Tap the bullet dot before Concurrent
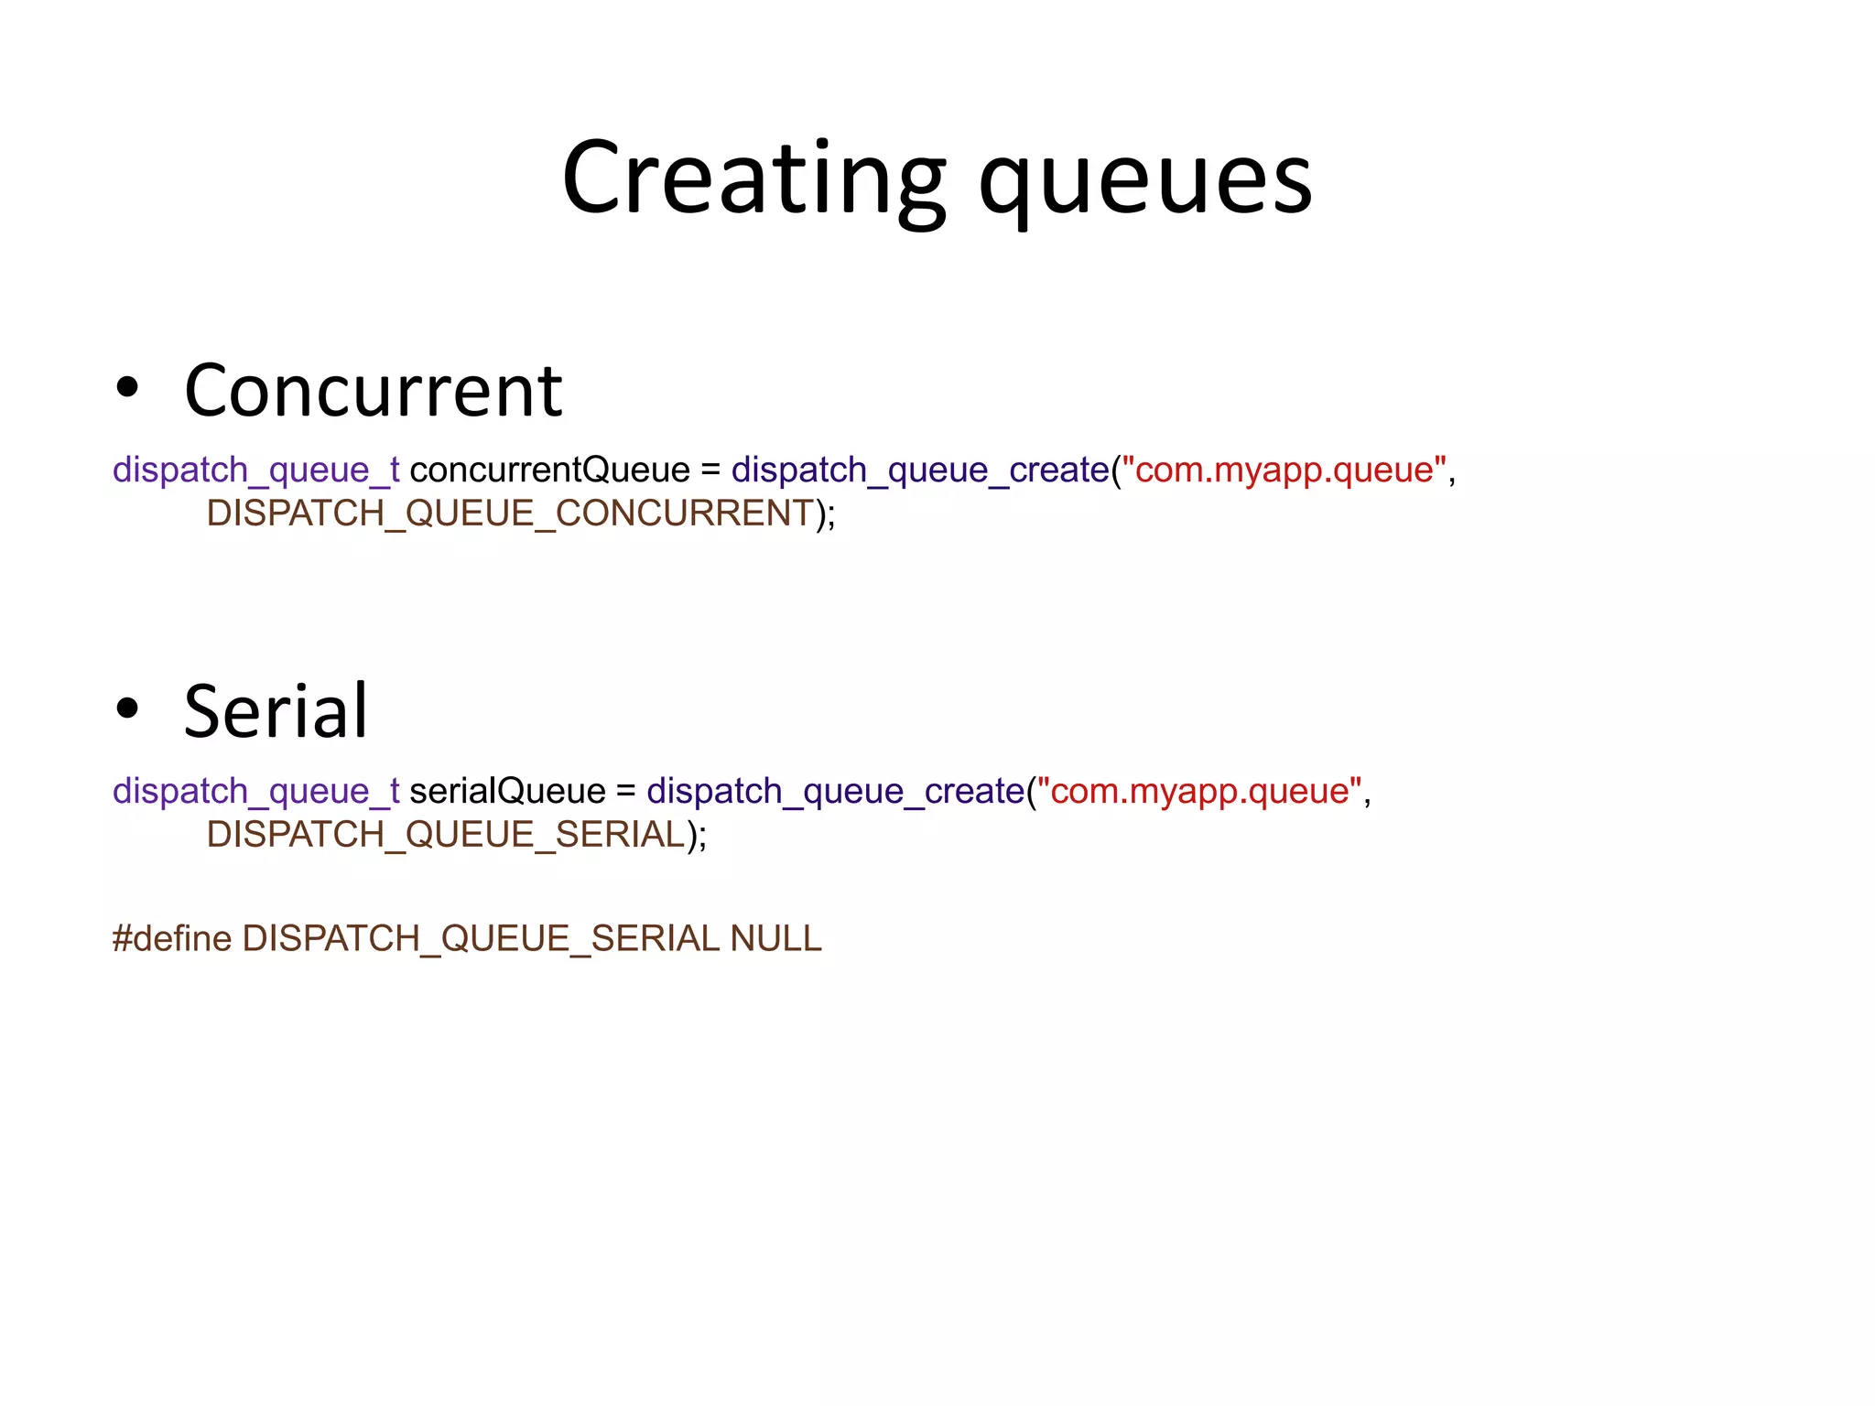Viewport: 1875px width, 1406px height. (x=127, y=387)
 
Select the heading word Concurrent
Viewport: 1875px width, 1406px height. (x=373, y=391)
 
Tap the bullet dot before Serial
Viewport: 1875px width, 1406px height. (x=127, y=708)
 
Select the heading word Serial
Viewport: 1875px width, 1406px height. (x=276, y=711)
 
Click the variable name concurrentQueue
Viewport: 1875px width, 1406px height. (x=549, y=470)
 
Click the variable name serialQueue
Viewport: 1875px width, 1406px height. (x=507, y=791)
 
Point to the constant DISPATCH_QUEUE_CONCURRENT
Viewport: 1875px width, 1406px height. (x=510, y=514)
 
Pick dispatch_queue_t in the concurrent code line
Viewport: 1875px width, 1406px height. (x=255, y=470)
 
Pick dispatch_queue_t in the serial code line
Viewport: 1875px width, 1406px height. (x=255, y=792)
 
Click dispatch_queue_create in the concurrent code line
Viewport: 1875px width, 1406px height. (x=920, y=470)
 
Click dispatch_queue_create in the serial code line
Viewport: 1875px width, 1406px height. (x=835, y=792)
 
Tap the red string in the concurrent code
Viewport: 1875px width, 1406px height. (x=1284, y=470)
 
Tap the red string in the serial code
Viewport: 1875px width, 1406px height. (x=1199, y=791)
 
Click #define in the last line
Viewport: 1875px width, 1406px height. (x=172, y=939)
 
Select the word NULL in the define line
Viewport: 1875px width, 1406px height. (x=776, y=939)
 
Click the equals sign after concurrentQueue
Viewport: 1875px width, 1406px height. (x=710, y=470)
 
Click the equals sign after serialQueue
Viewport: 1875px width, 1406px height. (x=626, y=792)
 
